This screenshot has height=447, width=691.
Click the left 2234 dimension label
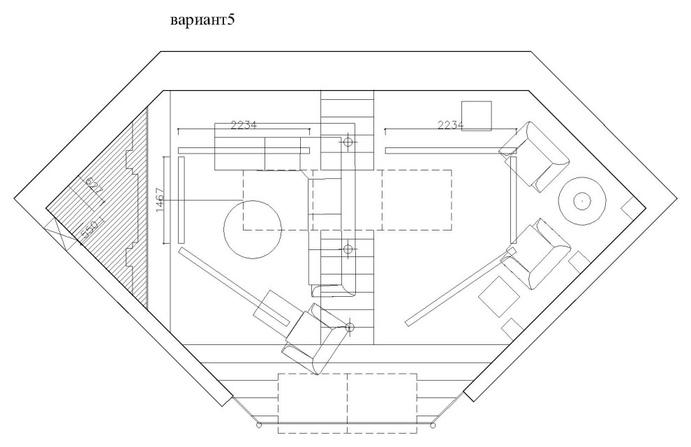tap(244, 126)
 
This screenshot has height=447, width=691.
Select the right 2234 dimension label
tap(451, 126)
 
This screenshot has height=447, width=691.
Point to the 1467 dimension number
tap(160, 200)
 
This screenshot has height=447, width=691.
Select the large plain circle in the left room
tap(253, 230)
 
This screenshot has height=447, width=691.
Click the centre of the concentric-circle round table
tap(579, 201)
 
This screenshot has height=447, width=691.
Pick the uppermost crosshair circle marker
tap(348, 142)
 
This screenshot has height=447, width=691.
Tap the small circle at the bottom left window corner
tap(259, 425)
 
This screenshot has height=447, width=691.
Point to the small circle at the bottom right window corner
tap(435, 425)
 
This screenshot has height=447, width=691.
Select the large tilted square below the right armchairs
tap(498, 296)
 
